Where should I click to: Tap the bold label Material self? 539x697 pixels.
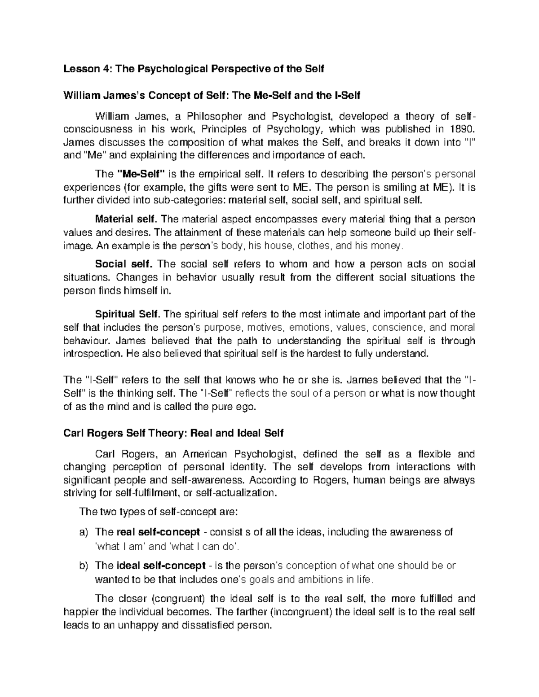pyautogui.click(x=126, y=219)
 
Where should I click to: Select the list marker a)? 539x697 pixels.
pyautogui.click(x=84, y=532)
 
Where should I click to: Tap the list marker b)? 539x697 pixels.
pyautogui.click(x=84, y=565)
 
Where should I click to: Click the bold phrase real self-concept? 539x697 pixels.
pyautogui.click(x=158, y=532)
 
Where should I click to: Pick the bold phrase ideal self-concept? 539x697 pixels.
pyautogui.click(x=160, y=565)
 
